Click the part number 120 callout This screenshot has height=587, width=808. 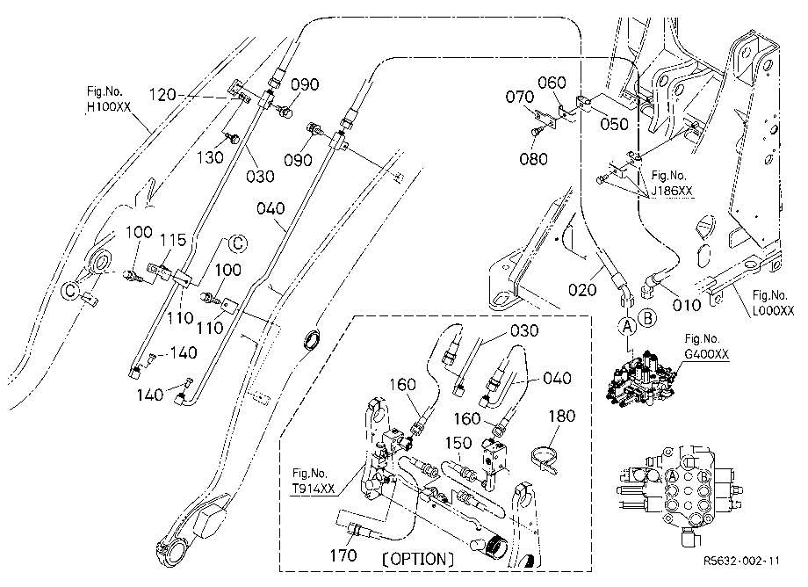pyautogui.click(x=162, y=95)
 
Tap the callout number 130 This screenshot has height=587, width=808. pyautogui.click(x=210, y=157)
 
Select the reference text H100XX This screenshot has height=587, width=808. pyautogui.click(x=109, y=107)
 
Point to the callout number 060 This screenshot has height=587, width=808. pyautogui.click(x=552, y=83)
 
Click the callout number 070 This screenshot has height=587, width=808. pyautogui.click(x=519, y=97)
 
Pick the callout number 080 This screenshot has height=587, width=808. pyautogui.click(x=533, y=158)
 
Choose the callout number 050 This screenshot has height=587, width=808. pyautogui.click(x=615, y=124)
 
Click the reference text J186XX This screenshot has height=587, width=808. pyautogui.click(x=672, y=191)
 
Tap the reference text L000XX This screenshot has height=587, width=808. pyautogui.click(x=773, y=309)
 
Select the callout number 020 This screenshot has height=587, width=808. pyautogui.click(x=582, y=290)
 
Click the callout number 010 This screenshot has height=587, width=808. pyautogui.click(x=687, y=305)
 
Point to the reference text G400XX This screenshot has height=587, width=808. pyautogui.click(x=706, y=353)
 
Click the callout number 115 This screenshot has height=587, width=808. pyautogui.click(x=173, y=240)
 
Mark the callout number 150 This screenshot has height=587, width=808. pyautogui.click(x=458, y=443)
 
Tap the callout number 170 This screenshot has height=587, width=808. pyautogui.click(x=343, y=555)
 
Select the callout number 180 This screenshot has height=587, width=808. pyautogui.click(x=562, y=416)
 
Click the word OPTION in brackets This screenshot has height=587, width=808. pyautogui.click(x=418, y=559)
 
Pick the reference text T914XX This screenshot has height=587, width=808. pyautogui.click(x=314, y=488)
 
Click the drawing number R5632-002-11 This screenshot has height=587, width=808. pyautogui.click(x=741, y=561)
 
